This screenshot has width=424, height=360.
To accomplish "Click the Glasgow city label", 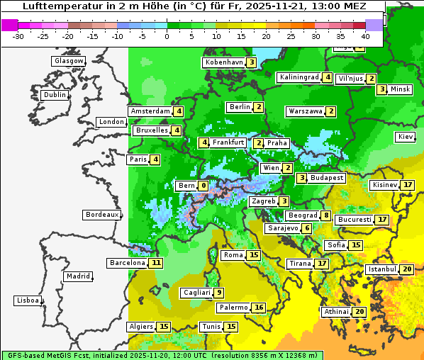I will tap(68, 61).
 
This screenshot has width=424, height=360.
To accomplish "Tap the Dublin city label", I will tap(55, 95).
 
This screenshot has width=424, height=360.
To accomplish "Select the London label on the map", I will tap(111, 122).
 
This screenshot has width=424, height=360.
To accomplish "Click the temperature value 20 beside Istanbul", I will tap(407, 269).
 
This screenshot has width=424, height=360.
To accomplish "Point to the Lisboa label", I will tap(27, 300).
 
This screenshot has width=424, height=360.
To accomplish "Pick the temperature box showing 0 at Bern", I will tap(203, 186).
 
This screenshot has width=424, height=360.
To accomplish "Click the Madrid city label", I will tap(77, 276).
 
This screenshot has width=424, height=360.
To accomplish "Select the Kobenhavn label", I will tap(223, 62).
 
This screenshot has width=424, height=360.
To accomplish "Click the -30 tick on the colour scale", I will tap(18, 36).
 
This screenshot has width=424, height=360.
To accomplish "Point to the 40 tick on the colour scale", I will tap(366, 36).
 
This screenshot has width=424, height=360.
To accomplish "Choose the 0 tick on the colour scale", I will tap(167, 36).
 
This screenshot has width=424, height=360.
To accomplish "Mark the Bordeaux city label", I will tap(101, 215).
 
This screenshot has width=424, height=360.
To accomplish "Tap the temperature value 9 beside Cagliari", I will tap(220, 293).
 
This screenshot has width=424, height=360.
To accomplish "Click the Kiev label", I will tap(406, 136).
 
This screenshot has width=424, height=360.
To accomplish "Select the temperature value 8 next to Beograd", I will tap(325, 215).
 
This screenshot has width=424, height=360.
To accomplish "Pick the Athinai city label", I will tap(336, 312).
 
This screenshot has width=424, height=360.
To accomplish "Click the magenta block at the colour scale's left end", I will tap(10, 25).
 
